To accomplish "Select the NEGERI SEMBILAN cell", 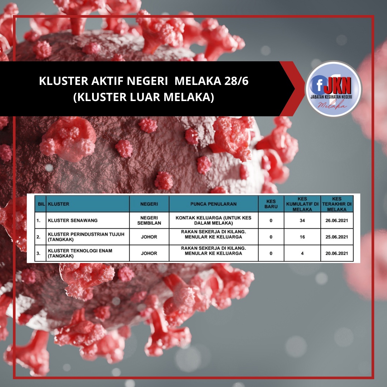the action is pyautogui.click(x=149, y=220).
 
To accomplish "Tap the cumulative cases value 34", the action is pyautogui.click(x=302, y=220).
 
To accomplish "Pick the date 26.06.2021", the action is pyautogui.click(x=336, y=220).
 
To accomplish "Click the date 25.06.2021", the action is pyautogui.click(x=336, y=237).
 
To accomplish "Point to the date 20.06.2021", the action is pyautogui.click(x=336, y=253).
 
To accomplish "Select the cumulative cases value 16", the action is pyautogui.click(x=302, y=237).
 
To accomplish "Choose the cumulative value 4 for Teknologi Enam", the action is pyautogui.click(x=302, y=253).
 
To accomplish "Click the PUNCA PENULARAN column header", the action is pyautogui.click(x=214, y=204).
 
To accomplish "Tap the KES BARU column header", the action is pyautogui.click(x=271, y=204).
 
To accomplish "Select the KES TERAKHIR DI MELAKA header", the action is pyautogui.click(x=337, y=204).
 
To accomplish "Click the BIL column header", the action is pyautogui.click(x=41, y=204).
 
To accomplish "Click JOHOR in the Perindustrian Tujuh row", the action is pyautogui.click(x=149, y=237).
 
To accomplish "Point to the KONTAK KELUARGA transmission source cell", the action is pyautogui.click(x=214, y=220).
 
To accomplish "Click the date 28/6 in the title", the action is pyautogui.click(x=236, y=81).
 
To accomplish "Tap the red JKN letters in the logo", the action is pyautogui.click(x=338, y=85).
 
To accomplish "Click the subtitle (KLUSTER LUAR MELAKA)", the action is pyautogui.click(x=144, y=97).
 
